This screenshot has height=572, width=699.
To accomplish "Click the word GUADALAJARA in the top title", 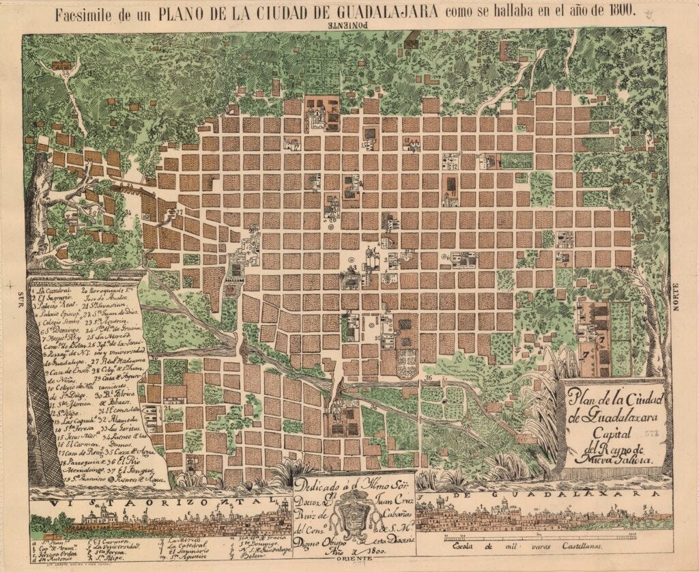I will [373, 12].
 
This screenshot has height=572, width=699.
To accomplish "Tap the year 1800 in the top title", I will [616, 12].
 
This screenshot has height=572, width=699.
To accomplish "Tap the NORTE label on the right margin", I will [677, 298].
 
